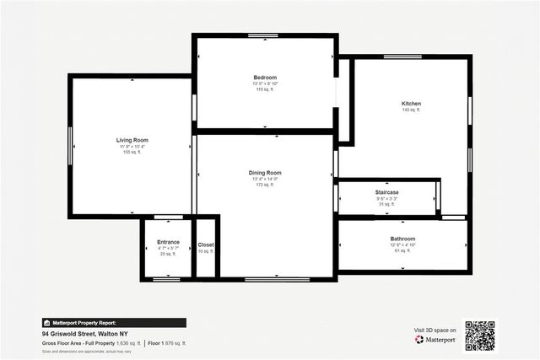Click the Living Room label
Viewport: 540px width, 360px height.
[x=132, y=140]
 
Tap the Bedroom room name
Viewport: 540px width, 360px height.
[x=265, y=78]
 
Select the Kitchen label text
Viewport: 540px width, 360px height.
[x=411, y=104]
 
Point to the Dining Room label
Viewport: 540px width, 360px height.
[x=265, y=172]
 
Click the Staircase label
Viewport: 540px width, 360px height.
[x=387, y=192]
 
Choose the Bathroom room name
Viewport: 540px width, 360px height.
[x=402, y=239]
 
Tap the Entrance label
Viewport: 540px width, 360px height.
[x=168, y=242]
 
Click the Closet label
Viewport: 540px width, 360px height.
[x=206, y=244]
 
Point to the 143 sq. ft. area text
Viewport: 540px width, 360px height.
[x=411, y=110]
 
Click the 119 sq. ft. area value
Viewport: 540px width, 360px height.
[x=265, y=89]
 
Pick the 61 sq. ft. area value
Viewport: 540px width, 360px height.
[x=402, y=251]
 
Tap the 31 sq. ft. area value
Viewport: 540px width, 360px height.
[x=387, y=204]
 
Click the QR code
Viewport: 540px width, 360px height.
[x=479, y=335]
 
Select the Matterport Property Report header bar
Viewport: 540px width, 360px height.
[x=114, y=322]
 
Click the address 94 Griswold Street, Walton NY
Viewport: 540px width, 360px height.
[x=90, y=334]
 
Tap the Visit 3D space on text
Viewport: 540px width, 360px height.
[x=435, y=330]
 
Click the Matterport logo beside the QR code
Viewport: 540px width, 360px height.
[x=435, y=340]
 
